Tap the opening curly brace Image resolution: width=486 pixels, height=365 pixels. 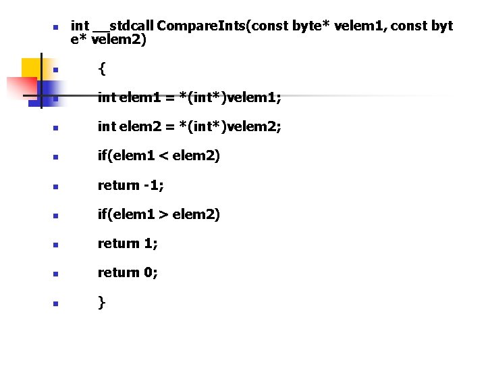[101, 68]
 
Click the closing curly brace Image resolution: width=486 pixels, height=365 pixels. [101, 301]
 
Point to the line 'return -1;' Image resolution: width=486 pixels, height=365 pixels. [130, 185]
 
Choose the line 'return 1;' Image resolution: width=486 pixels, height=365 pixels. [128, 243]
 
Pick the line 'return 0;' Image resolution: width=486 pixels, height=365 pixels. [128, 272]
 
